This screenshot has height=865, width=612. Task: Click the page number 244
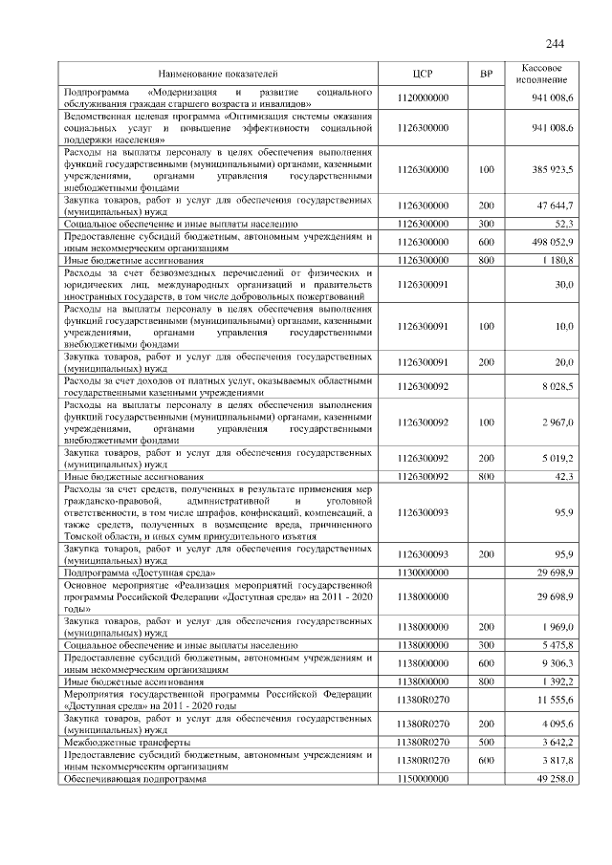click(556, 43)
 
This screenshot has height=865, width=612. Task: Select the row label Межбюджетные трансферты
click(125, 742)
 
